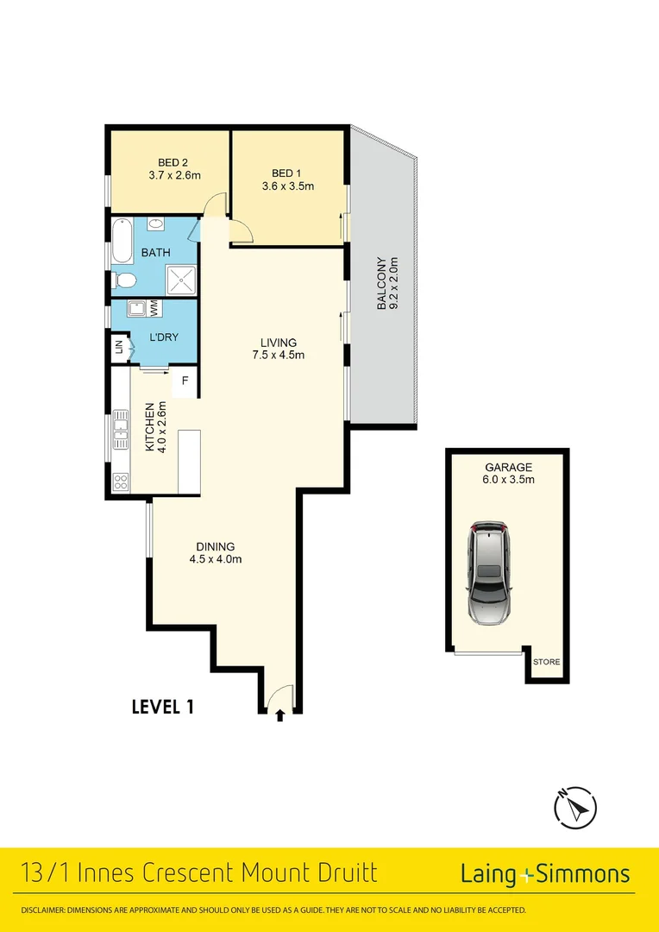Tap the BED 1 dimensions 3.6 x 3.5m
287,186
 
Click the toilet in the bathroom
123,280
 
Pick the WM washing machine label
154,307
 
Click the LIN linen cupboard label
119,349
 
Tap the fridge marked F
184,381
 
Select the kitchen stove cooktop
121,483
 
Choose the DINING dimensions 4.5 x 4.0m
215,559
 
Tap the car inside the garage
489,572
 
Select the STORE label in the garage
546,662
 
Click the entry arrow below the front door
279,715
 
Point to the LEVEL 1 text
162,707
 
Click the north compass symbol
574,807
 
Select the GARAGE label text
507,468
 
